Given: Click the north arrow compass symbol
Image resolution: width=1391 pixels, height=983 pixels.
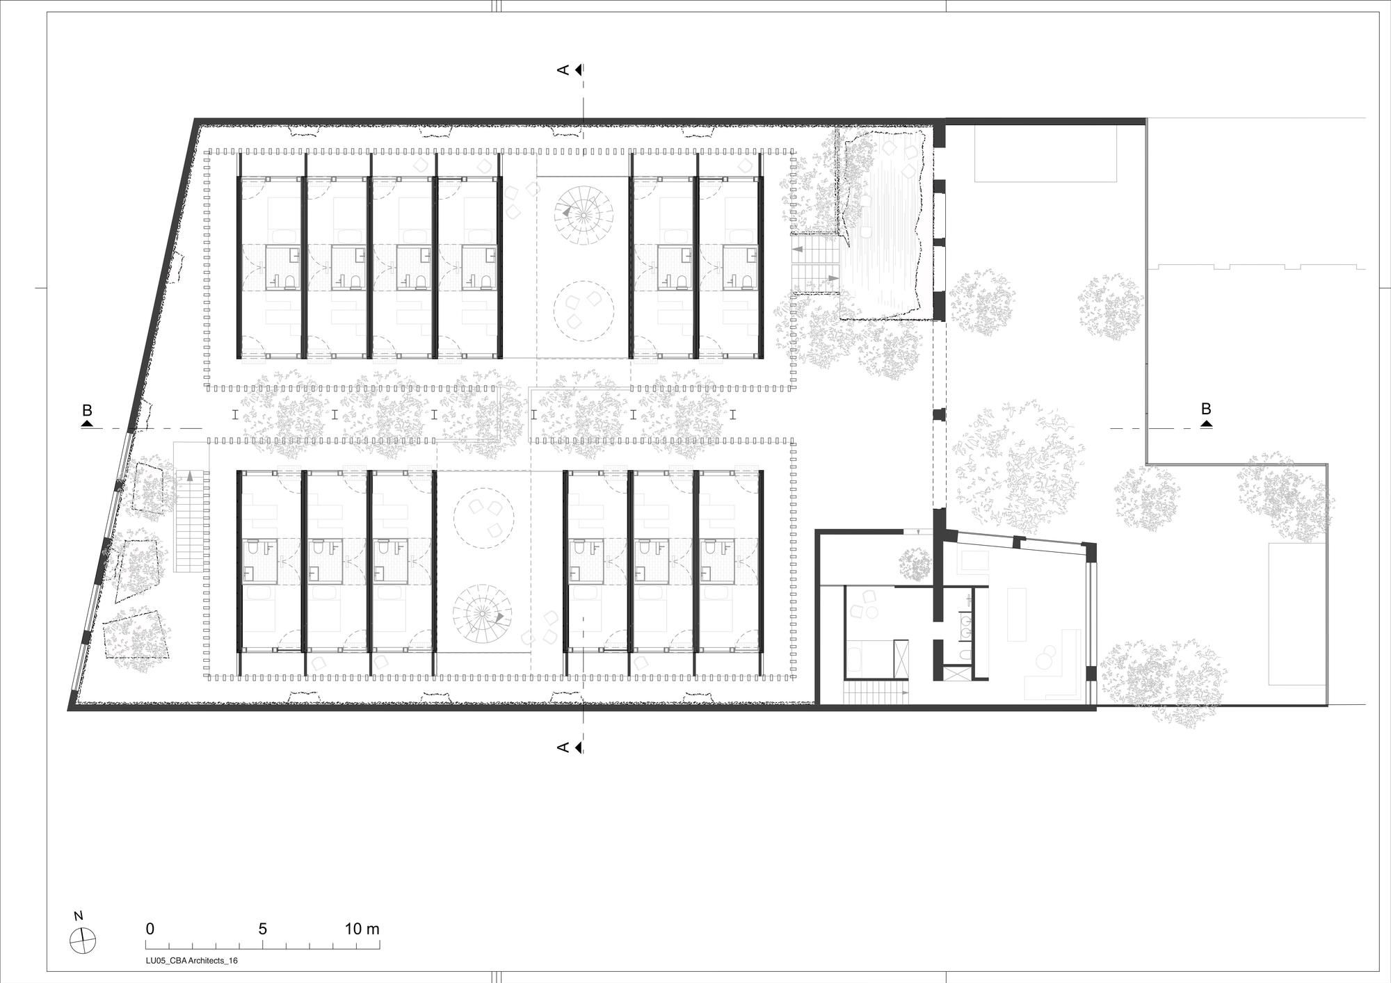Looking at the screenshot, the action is pos(83,940).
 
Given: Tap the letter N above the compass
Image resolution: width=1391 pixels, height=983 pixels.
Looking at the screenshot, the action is pos(79,916).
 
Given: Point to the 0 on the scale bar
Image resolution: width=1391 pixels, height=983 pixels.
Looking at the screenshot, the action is pos(150,929).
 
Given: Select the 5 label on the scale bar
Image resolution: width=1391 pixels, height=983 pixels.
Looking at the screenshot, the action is pos(263,929).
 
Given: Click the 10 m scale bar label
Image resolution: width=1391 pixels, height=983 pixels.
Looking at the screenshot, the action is pos(362,929).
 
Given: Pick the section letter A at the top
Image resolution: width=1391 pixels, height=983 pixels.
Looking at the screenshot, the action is pos(563,70).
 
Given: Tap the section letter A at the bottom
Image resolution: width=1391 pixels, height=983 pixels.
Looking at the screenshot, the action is pos(563,747).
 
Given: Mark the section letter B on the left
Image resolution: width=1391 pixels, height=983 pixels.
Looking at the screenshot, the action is pos(87,410).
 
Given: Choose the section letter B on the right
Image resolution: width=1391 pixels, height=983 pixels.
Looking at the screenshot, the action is pos(1206,409).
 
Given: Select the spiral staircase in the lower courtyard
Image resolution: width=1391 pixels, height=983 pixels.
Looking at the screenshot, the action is pos(483,615).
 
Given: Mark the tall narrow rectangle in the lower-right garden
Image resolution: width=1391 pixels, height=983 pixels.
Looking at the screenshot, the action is pos(1295,614).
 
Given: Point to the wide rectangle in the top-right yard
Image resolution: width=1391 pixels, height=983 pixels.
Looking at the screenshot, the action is pos(1045,154).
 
